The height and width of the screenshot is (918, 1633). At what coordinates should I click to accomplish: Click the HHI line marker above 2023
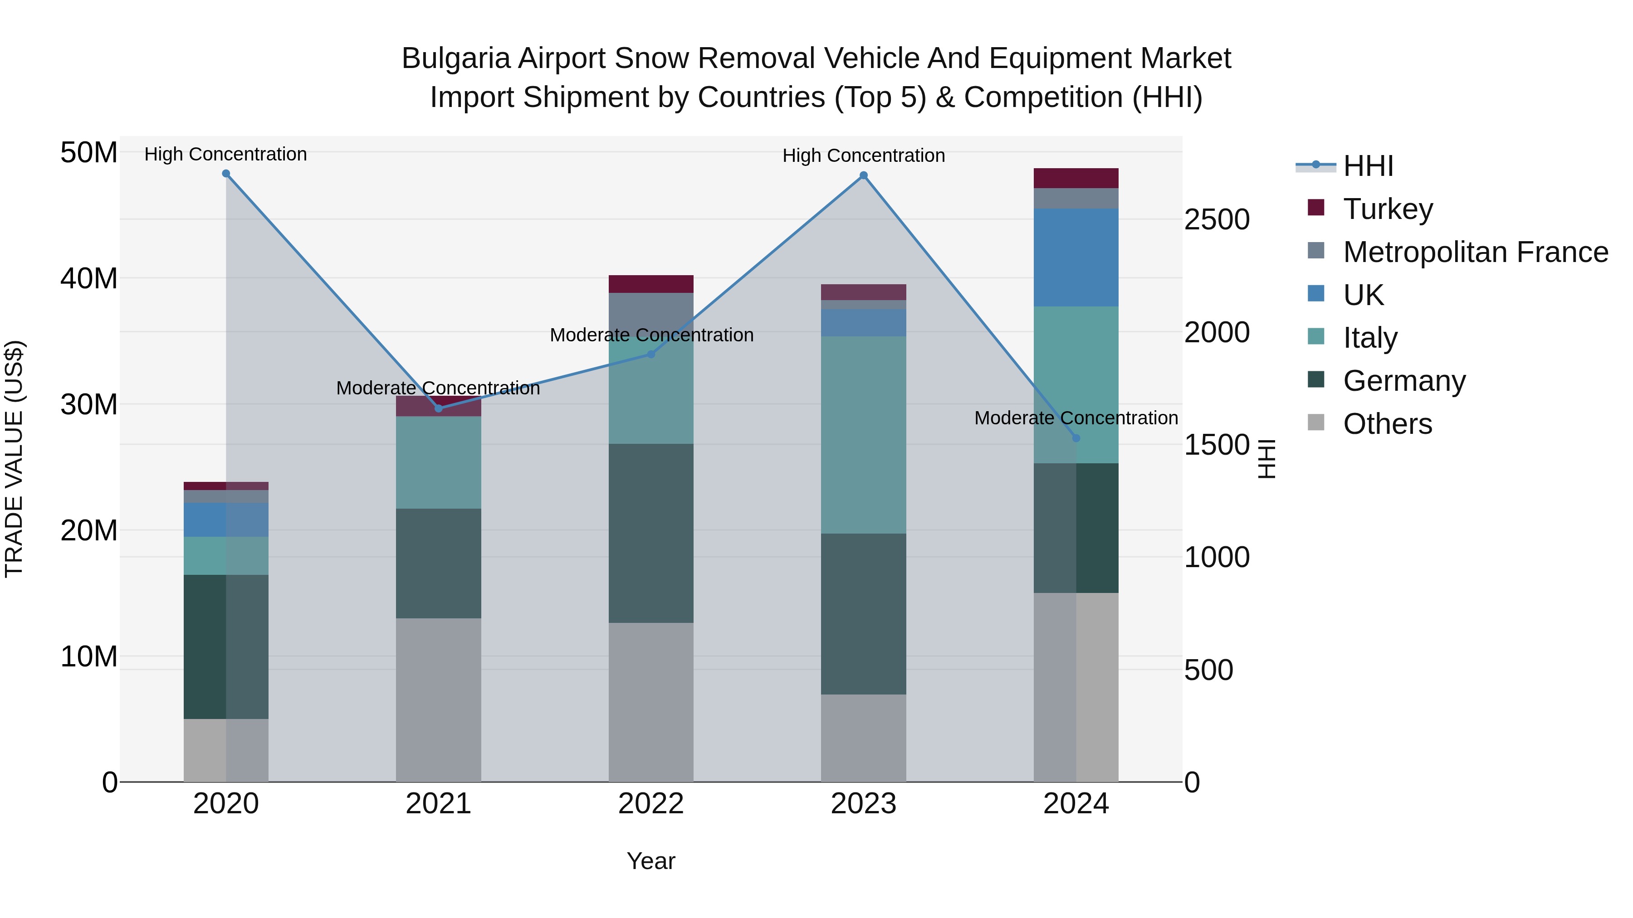(x=863, y=175)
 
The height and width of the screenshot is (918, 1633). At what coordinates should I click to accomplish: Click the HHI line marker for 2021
(x=439, y=408)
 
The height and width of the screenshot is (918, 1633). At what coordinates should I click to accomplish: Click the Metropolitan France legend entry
(x=1475, y=252)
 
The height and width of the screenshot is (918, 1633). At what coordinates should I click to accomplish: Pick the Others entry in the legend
(x=1387, y=424)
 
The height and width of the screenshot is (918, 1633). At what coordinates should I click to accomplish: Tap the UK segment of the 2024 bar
(x=1076, y=257)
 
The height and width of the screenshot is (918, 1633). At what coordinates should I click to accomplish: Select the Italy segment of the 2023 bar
(x=863, y=435)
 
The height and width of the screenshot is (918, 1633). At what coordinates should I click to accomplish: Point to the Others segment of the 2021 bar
(x=439, y=699)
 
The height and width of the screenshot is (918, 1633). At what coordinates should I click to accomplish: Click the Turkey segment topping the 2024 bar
(x=1076, y=178)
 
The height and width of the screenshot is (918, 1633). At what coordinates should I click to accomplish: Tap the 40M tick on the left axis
(x=89, y=279)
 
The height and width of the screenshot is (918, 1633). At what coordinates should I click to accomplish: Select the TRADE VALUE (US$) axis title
(x=14, y=459)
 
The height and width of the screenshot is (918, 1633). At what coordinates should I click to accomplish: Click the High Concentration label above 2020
(x=226, y=154)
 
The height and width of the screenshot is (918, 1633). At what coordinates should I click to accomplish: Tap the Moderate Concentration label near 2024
(x=1076, y=418)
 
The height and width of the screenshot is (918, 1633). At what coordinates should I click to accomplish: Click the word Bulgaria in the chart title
(x=456, y=59)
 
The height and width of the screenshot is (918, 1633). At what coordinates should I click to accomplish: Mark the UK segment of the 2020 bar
(x=226, y=520)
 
